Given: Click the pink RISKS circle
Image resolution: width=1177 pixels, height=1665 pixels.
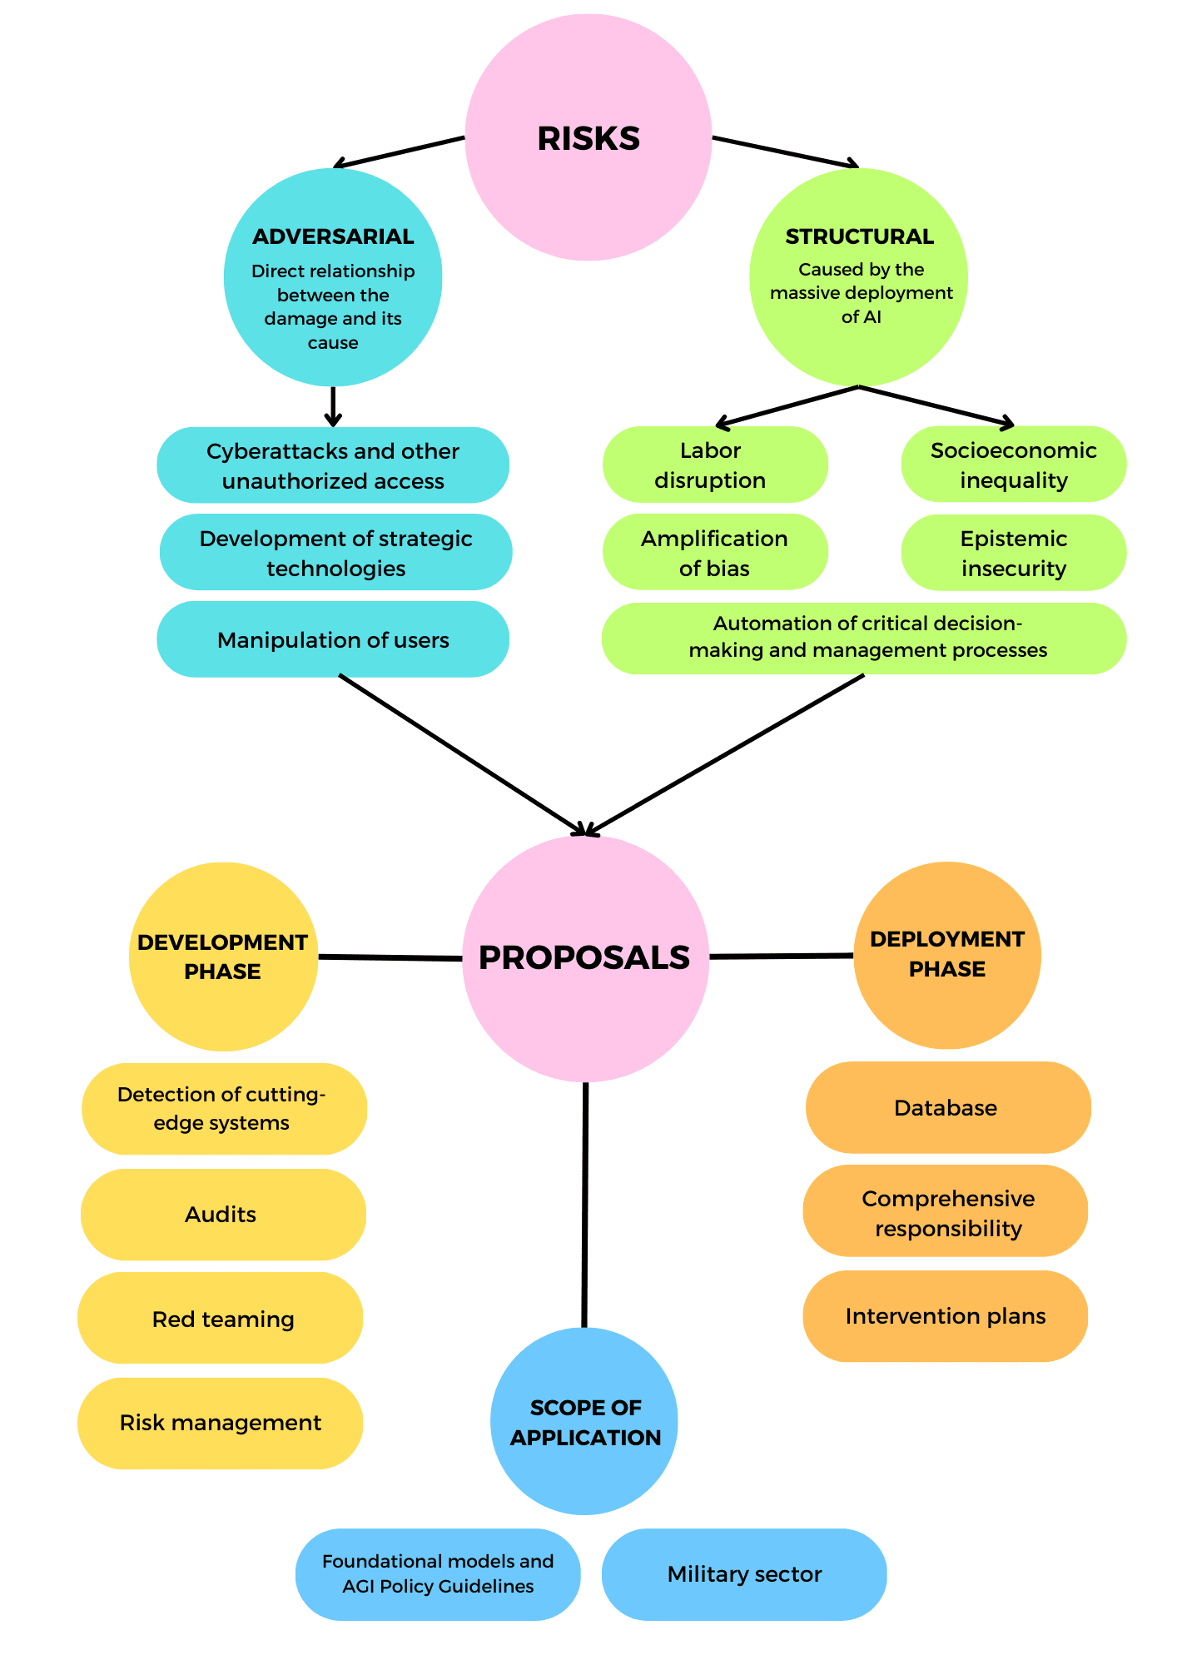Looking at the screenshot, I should coord(588,138).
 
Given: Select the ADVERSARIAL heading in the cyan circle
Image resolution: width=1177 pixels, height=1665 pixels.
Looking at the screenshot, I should coord(333,236).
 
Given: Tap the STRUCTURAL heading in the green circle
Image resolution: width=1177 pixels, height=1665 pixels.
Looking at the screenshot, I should coord(859,236).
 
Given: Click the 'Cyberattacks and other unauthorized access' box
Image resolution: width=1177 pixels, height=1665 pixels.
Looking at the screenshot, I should coord(333,465).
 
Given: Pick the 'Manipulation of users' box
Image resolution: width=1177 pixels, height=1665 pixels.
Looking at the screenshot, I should coord(333,639).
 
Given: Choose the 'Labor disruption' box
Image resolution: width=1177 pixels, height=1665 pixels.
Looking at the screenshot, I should coord(714,465).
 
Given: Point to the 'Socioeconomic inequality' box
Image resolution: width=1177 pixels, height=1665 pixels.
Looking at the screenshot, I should coord(1013,465).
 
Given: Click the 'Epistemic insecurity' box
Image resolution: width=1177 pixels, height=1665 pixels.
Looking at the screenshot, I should coord(1013,553).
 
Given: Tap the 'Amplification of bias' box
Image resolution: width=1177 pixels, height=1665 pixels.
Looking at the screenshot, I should coord(714,553).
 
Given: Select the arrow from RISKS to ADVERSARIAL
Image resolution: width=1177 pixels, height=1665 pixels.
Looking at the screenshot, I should coord(400,152).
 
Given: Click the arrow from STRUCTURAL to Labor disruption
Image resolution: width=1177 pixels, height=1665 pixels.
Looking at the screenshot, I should coord(787,406).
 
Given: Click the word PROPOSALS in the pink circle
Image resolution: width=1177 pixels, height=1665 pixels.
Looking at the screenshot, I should coord(584,957).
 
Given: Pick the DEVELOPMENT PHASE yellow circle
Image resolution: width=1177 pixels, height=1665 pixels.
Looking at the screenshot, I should coord(223,957).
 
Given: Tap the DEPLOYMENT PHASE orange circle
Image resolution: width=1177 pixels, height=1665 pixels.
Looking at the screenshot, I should coord(947,955).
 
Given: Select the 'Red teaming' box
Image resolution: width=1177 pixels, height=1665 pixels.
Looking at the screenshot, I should coord(221,1319).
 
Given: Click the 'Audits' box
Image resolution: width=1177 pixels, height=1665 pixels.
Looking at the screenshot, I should coord(221,1214).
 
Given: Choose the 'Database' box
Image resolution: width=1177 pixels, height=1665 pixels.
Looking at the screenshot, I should coord(947,1107).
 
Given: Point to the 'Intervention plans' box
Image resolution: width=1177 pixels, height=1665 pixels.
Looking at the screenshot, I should coord(946,1315).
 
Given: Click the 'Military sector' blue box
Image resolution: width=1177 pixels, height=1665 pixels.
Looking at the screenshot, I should coord(744,1573).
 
